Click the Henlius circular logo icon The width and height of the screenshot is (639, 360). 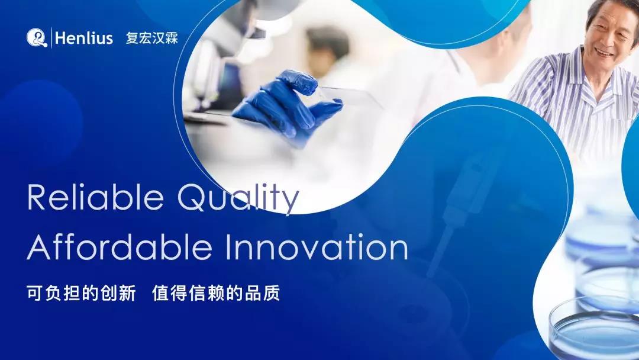(36, 38)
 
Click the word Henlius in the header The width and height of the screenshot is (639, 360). (83, 38)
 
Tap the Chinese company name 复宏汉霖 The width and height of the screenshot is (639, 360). (152, 38)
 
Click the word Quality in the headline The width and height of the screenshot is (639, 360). (240, 200)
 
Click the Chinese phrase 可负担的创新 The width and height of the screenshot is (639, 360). (82, 292)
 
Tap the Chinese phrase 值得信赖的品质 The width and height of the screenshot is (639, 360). (216, 292)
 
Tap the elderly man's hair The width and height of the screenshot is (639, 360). (609, 11)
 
